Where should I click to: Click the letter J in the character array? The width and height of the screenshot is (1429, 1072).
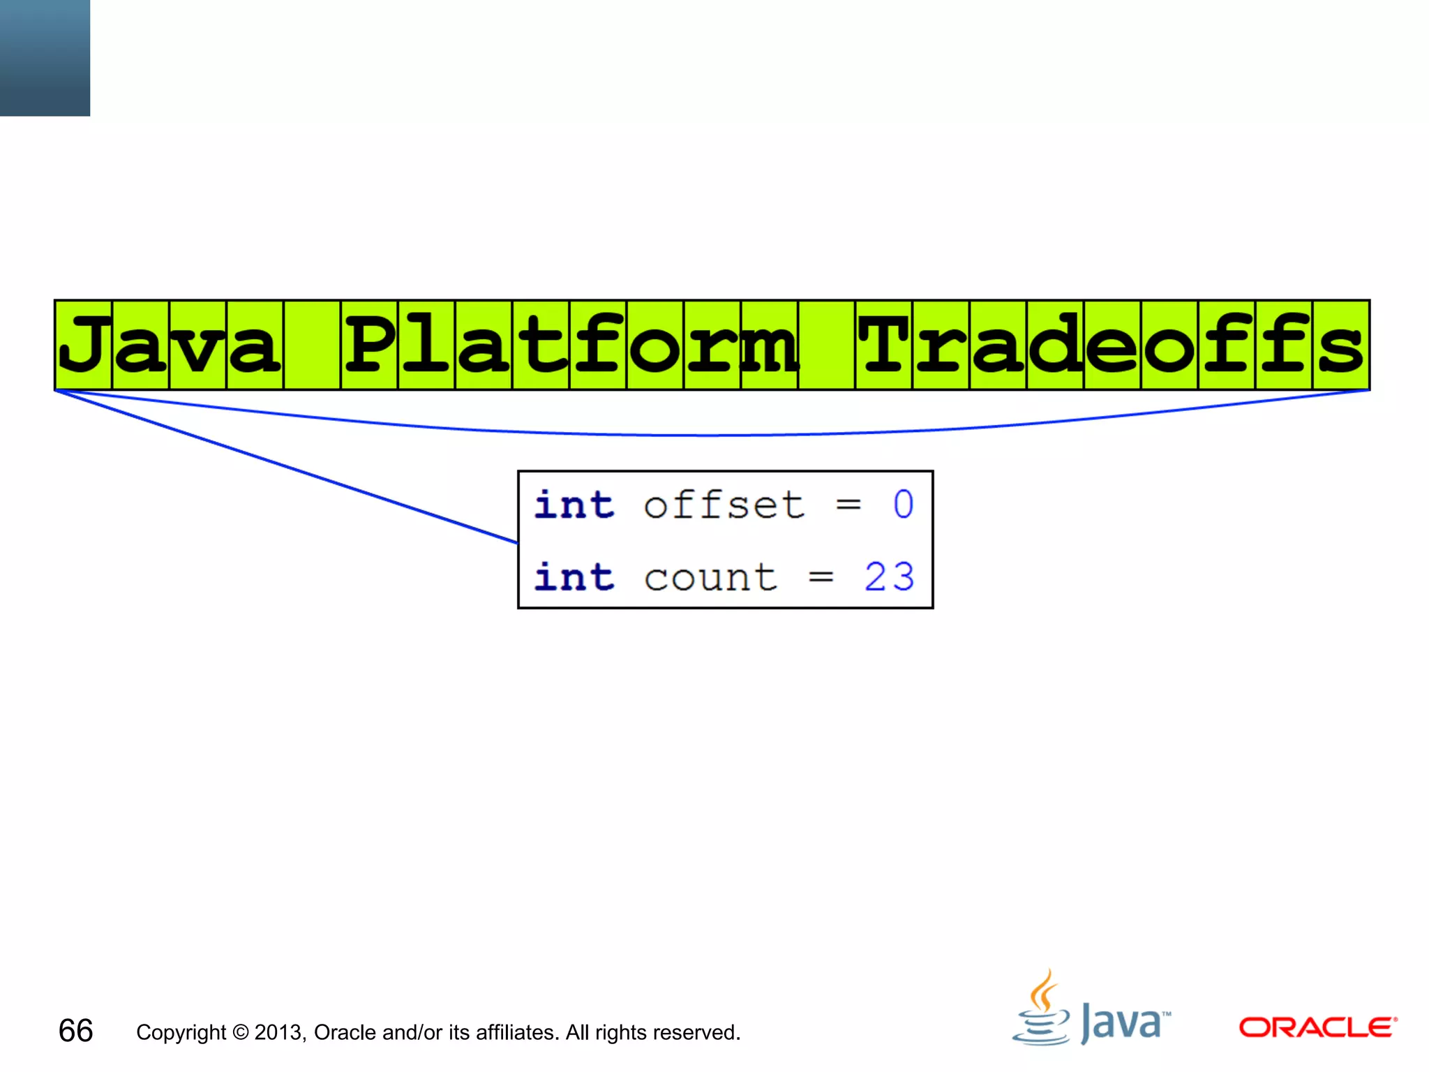[84, 345]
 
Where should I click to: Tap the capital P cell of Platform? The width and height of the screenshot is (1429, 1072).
[369, 345]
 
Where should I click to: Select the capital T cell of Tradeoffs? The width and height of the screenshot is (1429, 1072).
[884, 345]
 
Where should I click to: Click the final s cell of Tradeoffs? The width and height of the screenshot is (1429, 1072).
[1341, 345]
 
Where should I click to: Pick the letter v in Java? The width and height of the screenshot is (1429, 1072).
[198, 345]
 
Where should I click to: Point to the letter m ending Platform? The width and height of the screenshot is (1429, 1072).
[770, 345]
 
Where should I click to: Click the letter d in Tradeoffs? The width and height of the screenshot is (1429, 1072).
[1055, 345]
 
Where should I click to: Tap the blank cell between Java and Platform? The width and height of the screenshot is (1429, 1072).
[312, 345]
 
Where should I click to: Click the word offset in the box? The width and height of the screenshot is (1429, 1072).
[724, 505]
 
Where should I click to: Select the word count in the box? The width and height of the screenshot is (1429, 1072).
[710, 577]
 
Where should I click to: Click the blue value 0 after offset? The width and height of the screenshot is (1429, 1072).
[903, 505]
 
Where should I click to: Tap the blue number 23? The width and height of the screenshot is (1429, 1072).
[889, 577]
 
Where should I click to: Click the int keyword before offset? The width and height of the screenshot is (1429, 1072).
[574, 505]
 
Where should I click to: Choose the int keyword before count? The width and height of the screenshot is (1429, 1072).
[574, 577]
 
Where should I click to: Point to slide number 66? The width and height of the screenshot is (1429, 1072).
[75, 1031]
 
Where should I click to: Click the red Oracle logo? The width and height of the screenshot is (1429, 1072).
[1317, 1027]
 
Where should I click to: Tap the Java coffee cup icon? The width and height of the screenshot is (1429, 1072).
[1041, 1011]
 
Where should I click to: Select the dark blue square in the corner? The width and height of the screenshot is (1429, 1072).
[45, 58]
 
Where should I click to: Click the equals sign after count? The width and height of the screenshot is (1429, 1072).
[821, 577]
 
